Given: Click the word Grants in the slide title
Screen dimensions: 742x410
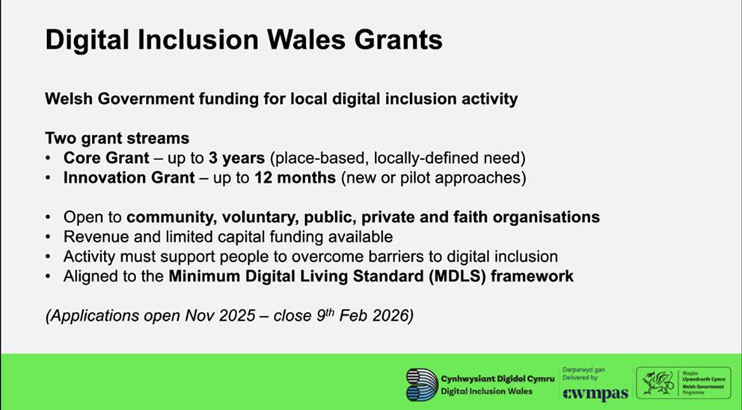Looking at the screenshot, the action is [399, 40].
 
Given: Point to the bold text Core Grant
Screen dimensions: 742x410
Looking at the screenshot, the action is [106, 158].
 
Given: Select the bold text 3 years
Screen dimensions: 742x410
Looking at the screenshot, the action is [236, 158].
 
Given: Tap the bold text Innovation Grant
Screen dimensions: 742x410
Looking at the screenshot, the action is [129, 177].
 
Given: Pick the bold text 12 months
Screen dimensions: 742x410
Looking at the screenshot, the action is [295, 177].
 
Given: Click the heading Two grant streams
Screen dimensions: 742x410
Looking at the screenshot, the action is [117, 138].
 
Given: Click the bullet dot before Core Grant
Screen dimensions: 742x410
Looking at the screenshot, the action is [48, 158].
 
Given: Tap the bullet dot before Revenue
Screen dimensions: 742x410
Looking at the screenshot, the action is [48, 236].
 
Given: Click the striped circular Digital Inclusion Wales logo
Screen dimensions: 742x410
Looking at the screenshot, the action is [422, 385].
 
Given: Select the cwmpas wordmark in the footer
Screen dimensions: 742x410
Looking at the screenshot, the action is [595, 394].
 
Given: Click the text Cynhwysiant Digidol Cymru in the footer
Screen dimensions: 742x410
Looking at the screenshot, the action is [497, 379].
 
